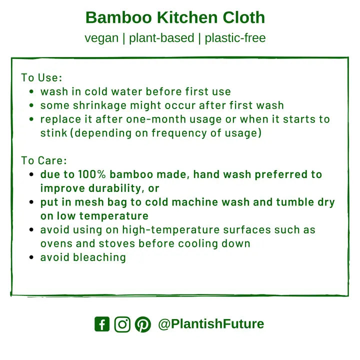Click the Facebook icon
tap(101, 324)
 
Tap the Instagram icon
tap(122, 324)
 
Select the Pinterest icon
tap(142, 324)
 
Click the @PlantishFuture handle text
tap(210, 324)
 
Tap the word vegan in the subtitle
tap(101, 38)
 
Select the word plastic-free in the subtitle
tap(235, 38)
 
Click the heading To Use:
tap(41, 78)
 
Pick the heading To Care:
tap(44, 161)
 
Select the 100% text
tap(92, 174)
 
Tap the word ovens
tap(55, 244)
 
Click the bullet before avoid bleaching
tap(31, 258)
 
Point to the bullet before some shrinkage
tap(31, 106)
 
